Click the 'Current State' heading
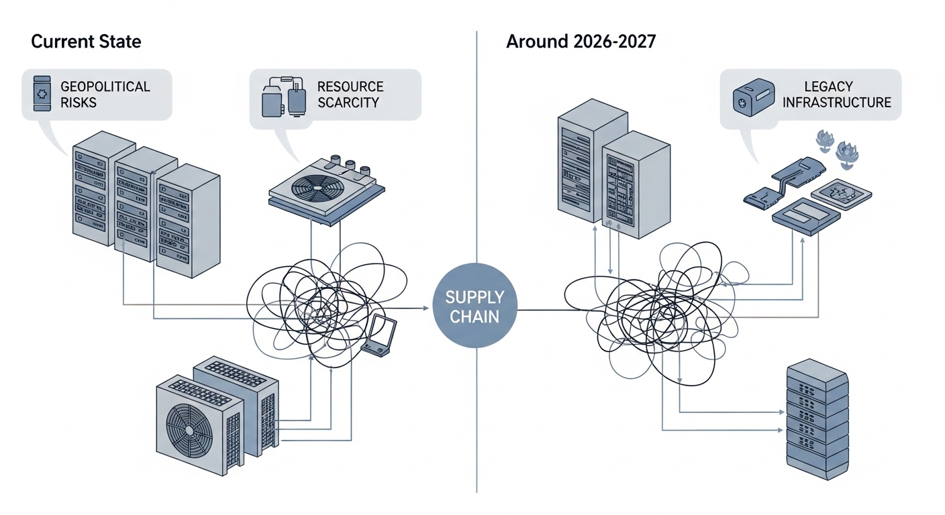click(86, 42)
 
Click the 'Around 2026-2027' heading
click(581, 42)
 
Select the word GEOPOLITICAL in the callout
click(105, 87)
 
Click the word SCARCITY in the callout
click(348, 103)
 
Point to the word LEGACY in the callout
click(827, 87)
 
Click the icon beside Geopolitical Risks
click(42, 95)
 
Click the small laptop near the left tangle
click(381, 336)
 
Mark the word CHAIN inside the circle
click(475, 317)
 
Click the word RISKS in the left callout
click(79, 103)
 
